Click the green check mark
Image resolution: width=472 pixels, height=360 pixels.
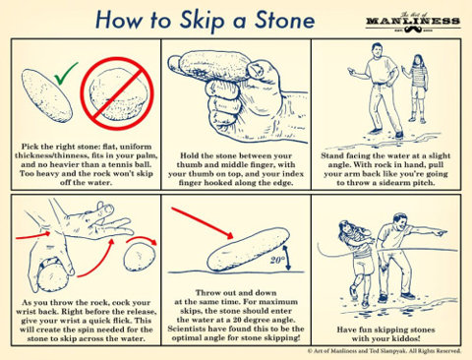pos(64,76)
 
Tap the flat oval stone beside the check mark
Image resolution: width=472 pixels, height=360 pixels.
pos(46,95)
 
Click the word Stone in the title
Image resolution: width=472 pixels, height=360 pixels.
pos(284,20)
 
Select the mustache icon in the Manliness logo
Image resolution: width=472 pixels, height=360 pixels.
pos(413,30)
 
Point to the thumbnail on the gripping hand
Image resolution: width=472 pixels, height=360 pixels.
pos(255,69)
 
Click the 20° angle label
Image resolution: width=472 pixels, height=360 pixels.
pos(277,260)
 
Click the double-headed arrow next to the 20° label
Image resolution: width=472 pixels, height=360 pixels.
pos(287,258)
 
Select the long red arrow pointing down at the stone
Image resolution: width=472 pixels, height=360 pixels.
pos(202,222)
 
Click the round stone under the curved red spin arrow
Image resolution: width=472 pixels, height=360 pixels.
pos(140,257)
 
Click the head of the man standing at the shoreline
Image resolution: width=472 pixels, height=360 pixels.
pos(377,51)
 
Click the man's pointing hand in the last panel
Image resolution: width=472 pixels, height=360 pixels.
pos(439,233)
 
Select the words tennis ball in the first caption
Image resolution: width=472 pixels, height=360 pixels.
pos(132,164)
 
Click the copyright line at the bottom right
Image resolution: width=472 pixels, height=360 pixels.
pos(384,351)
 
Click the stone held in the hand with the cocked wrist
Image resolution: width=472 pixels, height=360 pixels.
pos(52,278)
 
